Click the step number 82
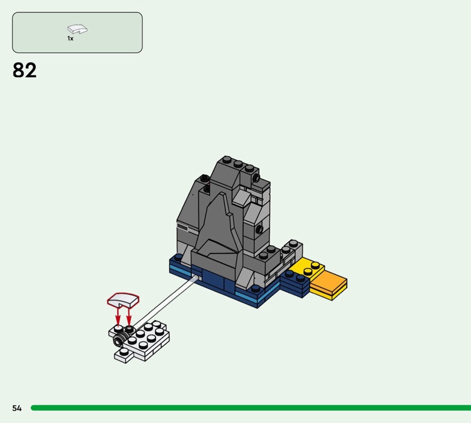24,70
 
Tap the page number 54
17,408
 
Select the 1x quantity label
70,38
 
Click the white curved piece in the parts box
77,29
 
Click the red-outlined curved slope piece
123,300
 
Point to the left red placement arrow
118,316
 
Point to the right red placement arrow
129,316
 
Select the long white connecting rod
165,302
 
